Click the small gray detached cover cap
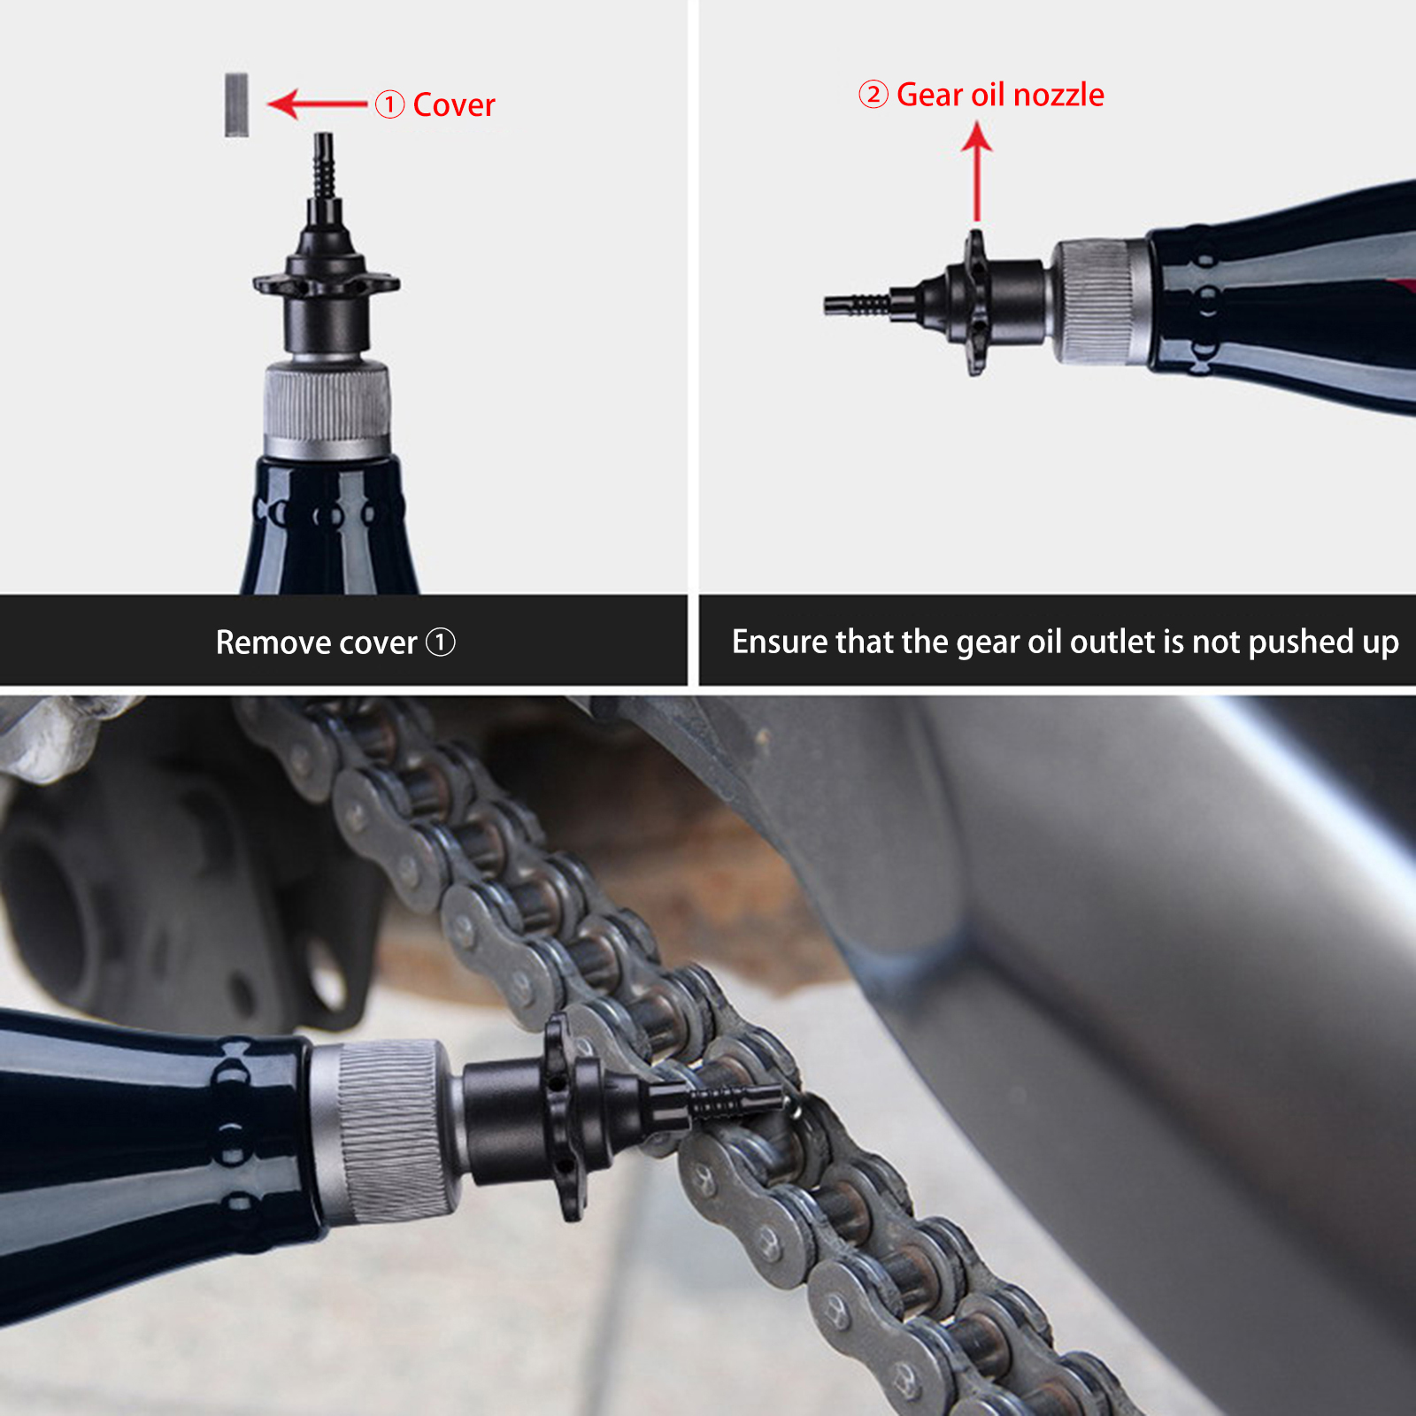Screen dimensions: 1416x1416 236,104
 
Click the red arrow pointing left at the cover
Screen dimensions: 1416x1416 318,104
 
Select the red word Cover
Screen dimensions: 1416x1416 454,104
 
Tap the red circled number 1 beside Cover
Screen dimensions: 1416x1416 389,104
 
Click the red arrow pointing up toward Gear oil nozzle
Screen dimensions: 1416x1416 977,172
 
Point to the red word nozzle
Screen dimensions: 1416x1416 1058,95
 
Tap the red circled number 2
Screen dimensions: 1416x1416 873,94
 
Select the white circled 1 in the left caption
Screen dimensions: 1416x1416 441,642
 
